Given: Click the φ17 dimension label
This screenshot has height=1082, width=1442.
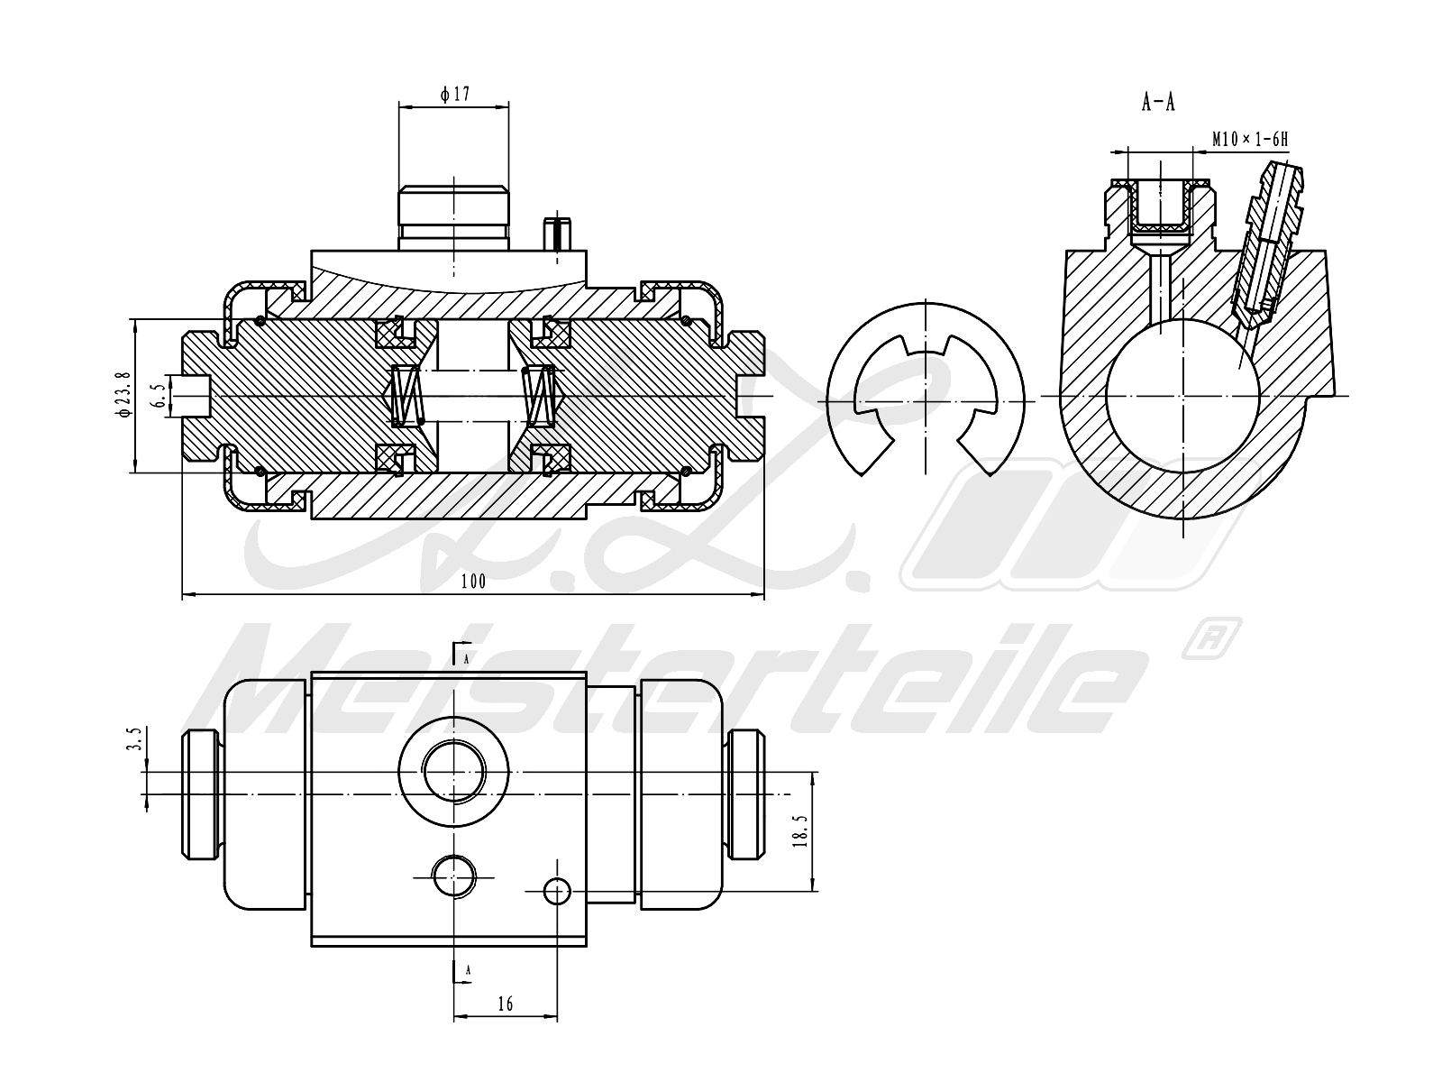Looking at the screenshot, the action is tap(455, 94).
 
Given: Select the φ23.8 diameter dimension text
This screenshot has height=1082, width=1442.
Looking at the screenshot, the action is tap(124, 394).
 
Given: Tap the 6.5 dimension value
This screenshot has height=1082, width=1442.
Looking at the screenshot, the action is tap(159, 396).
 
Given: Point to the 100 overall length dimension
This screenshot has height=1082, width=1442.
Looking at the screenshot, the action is tap(472, 582).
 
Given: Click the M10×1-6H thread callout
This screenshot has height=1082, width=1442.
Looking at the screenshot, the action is tap(1249, 139).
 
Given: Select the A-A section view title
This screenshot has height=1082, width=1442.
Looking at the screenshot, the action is tap(1158, 103).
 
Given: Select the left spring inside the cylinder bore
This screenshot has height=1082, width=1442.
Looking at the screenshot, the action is tap(406, 396).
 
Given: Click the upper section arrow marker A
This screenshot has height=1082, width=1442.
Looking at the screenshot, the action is tap(461, 653).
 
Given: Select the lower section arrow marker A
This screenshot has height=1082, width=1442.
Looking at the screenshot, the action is tap(461, 970).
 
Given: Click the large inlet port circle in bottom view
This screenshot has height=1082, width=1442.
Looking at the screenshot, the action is tap(453, 772).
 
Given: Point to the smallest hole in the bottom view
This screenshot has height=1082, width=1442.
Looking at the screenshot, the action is tap(558, 892).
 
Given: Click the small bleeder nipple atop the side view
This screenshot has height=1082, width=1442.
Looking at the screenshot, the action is tap(559, 234).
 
